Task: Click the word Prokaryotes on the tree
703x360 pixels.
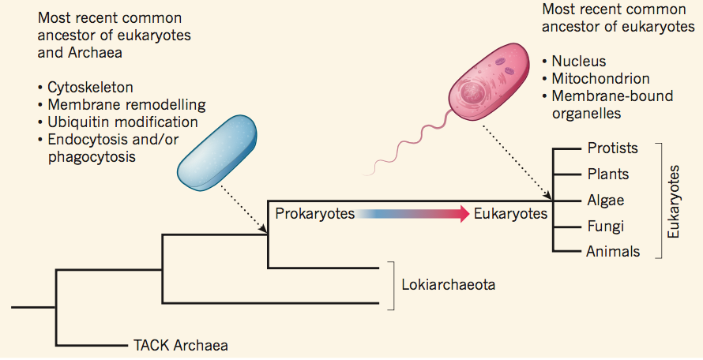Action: click(x=313, y=214)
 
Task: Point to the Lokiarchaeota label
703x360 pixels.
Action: click(x=448, y=285)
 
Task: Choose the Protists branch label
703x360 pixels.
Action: click(x=612, y=148)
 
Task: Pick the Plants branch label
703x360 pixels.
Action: click(x=607, y=174)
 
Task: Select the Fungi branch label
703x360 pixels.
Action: click(x=605, y=226)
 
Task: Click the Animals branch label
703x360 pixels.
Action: click(x=612, y=252)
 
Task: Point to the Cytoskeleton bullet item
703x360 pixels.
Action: click(x=89, y=87)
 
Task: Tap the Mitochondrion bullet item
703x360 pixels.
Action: click(x=600, y=79)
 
